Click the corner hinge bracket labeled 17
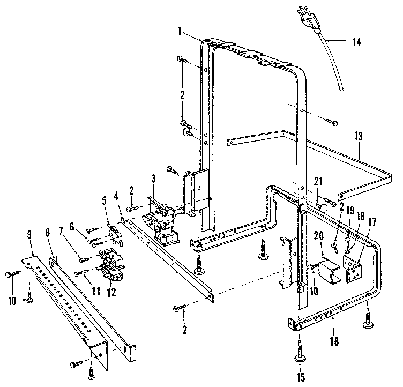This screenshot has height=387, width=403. pos(353,267)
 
